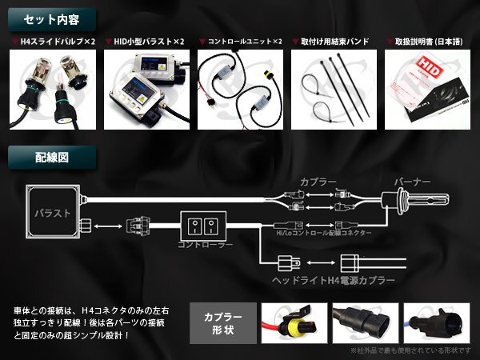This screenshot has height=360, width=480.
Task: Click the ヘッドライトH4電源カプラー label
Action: tap(334, 282)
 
